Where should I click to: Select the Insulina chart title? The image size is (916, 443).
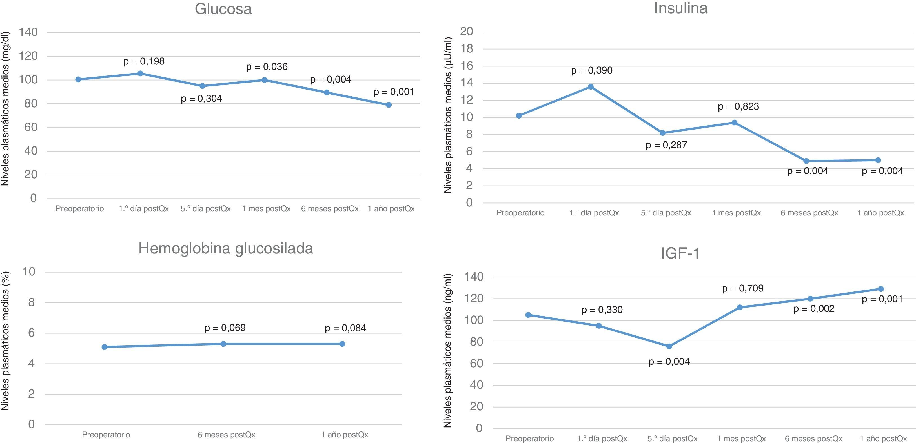tap(681, 8)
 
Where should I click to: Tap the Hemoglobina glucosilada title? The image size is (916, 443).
tap(225, 248)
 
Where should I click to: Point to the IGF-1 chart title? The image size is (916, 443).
tap(680, 253)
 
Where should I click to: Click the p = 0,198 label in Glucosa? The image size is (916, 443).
tap(144, 61)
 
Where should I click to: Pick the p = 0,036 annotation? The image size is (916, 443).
tap(267, 67)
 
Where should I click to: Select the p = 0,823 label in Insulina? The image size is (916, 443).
tap(738, 106)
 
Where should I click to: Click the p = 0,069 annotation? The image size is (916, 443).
tap(225, 328)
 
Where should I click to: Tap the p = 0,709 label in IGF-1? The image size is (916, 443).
tap(742, 288)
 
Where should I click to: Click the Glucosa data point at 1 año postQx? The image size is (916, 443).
tap(389, 105)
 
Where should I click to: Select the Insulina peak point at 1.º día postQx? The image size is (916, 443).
tap(591, 87)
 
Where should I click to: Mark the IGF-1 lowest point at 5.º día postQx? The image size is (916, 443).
tap(669, 346)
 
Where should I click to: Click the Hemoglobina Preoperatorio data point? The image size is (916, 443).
tap(104, 347)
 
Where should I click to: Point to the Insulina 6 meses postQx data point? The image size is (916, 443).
tap(806, 161)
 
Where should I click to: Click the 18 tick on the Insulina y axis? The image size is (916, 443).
tap(467, 49)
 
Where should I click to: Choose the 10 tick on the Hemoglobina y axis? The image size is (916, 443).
tap(29, 272)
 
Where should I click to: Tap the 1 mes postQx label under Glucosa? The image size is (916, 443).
tap(266, 209)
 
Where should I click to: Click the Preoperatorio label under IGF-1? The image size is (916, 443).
tap(529, 438)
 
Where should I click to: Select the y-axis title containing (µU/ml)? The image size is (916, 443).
tap(448, 115)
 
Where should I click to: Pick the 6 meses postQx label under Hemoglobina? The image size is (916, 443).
tap(226, 435)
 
